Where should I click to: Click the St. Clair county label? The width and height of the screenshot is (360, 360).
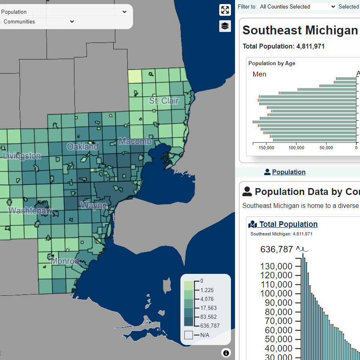[x=164, y=101]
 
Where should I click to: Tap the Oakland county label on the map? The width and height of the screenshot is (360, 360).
[x=83, y=146]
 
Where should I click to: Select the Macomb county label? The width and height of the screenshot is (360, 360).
[x=135, y=142]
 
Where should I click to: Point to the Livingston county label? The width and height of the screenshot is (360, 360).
[x=21, y=156]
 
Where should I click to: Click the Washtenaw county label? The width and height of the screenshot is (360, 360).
[x=30, y=210]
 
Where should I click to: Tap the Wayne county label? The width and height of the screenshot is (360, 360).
[x=93, y=205]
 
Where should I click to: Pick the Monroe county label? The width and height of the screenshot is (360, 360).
[x=65, y=261]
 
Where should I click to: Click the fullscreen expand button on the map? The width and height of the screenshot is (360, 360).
[x=225, y=10]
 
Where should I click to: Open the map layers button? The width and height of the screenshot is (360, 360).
[x=225, y=26]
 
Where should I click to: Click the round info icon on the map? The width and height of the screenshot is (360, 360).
[x=226, y=353]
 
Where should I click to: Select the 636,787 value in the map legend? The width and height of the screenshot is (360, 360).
[x=210, y=326]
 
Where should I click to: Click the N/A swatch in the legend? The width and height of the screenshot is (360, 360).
[x=188, y=335]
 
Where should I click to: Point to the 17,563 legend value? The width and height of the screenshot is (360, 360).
[x=208, y=308]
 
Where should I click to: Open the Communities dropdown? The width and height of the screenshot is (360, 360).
[x=38, y=22]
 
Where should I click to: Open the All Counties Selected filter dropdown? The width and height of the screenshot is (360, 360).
[x=297, y=6]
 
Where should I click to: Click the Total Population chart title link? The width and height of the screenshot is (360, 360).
[x=288, y=224]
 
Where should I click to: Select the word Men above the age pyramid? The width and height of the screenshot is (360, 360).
[x=259, y=74]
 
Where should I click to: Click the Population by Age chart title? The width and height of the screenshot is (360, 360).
[x=272, y=63]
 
